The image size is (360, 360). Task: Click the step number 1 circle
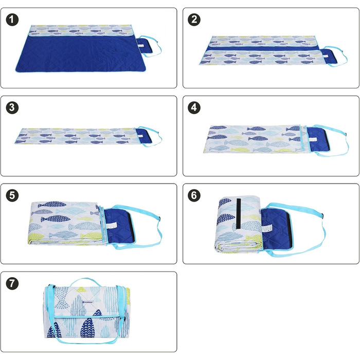(x=12, y=20)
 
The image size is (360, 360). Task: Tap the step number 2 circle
(x=194, y=20)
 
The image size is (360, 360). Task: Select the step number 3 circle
(x=12, y=107)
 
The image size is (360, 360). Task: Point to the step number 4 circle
(x=194, y=107)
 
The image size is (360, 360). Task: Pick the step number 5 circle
(x=12, y=195)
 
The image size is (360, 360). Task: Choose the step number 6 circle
(x=194, y=195)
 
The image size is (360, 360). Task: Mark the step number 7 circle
(x=12, y=283)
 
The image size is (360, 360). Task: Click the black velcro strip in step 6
(x=239, y=213)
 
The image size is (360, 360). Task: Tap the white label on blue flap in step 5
(x=112, y=225)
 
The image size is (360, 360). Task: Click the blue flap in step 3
(x=143, y=136)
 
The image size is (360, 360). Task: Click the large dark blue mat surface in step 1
(x=81, y=53)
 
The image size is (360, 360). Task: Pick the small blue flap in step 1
(x=144, y=46)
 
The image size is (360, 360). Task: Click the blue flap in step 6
(x=276, y=230)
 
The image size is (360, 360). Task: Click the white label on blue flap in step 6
(x=267, y=228)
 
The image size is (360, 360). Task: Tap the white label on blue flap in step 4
(x=312, y=139)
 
